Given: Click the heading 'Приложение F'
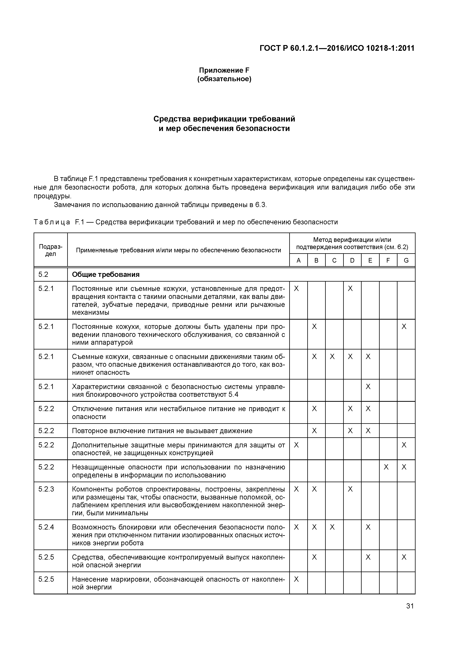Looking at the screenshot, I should [x=224, y=70].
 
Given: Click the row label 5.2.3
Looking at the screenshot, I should [x=46, y=489].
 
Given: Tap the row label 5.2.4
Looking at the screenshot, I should [x=46, y=527].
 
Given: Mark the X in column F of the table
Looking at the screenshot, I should [x=386, y=467].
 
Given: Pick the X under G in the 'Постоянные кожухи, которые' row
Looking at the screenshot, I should [x=404, y=327].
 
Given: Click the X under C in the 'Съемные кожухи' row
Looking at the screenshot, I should [x=332, y=357].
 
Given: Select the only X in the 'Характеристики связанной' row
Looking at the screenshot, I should [x=368, y=387].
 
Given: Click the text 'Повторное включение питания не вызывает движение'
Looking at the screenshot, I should [x=162, y=431].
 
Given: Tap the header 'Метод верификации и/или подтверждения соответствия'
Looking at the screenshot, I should [x=352, y=243].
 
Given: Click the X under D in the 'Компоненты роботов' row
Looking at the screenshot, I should [x=350, y=489].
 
